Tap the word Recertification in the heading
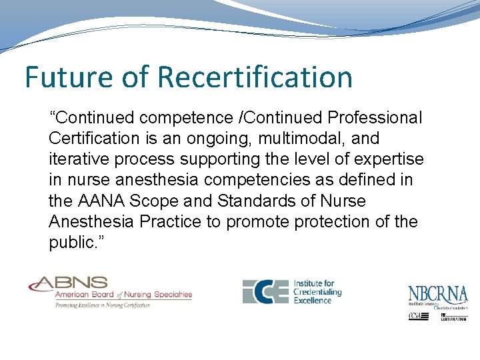pyautogui.click(x=255, y=77)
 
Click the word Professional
pyautogui.click(x=375, y=118)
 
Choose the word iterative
pyautogui.click(x=77, y=159)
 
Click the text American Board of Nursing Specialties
pyautogui.click(x=123, y=295)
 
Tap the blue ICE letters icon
pyautogui.click(x=265, y=291)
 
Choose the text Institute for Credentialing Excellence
pyautogui.click(x=318, y=292)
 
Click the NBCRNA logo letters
pyautogui.click(x=438, y=294)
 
